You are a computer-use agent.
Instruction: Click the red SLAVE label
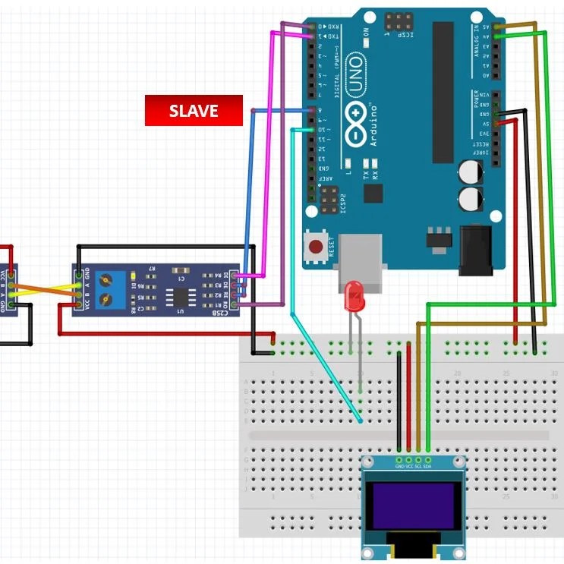tap(194, 111)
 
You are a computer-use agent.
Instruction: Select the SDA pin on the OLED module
tap(428, 459)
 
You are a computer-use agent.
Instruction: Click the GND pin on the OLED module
tap(400, 459)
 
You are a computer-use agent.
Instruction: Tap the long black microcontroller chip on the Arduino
tap(443, 92)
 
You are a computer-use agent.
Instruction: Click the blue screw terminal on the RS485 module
tap(113, 289)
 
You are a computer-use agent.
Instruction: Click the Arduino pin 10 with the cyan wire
tap(312, 130)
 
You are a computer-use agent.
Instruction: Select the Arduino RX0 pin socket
tap(312, 26)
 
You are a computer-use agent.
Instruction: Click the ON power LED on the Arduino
tap(365, 43)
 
